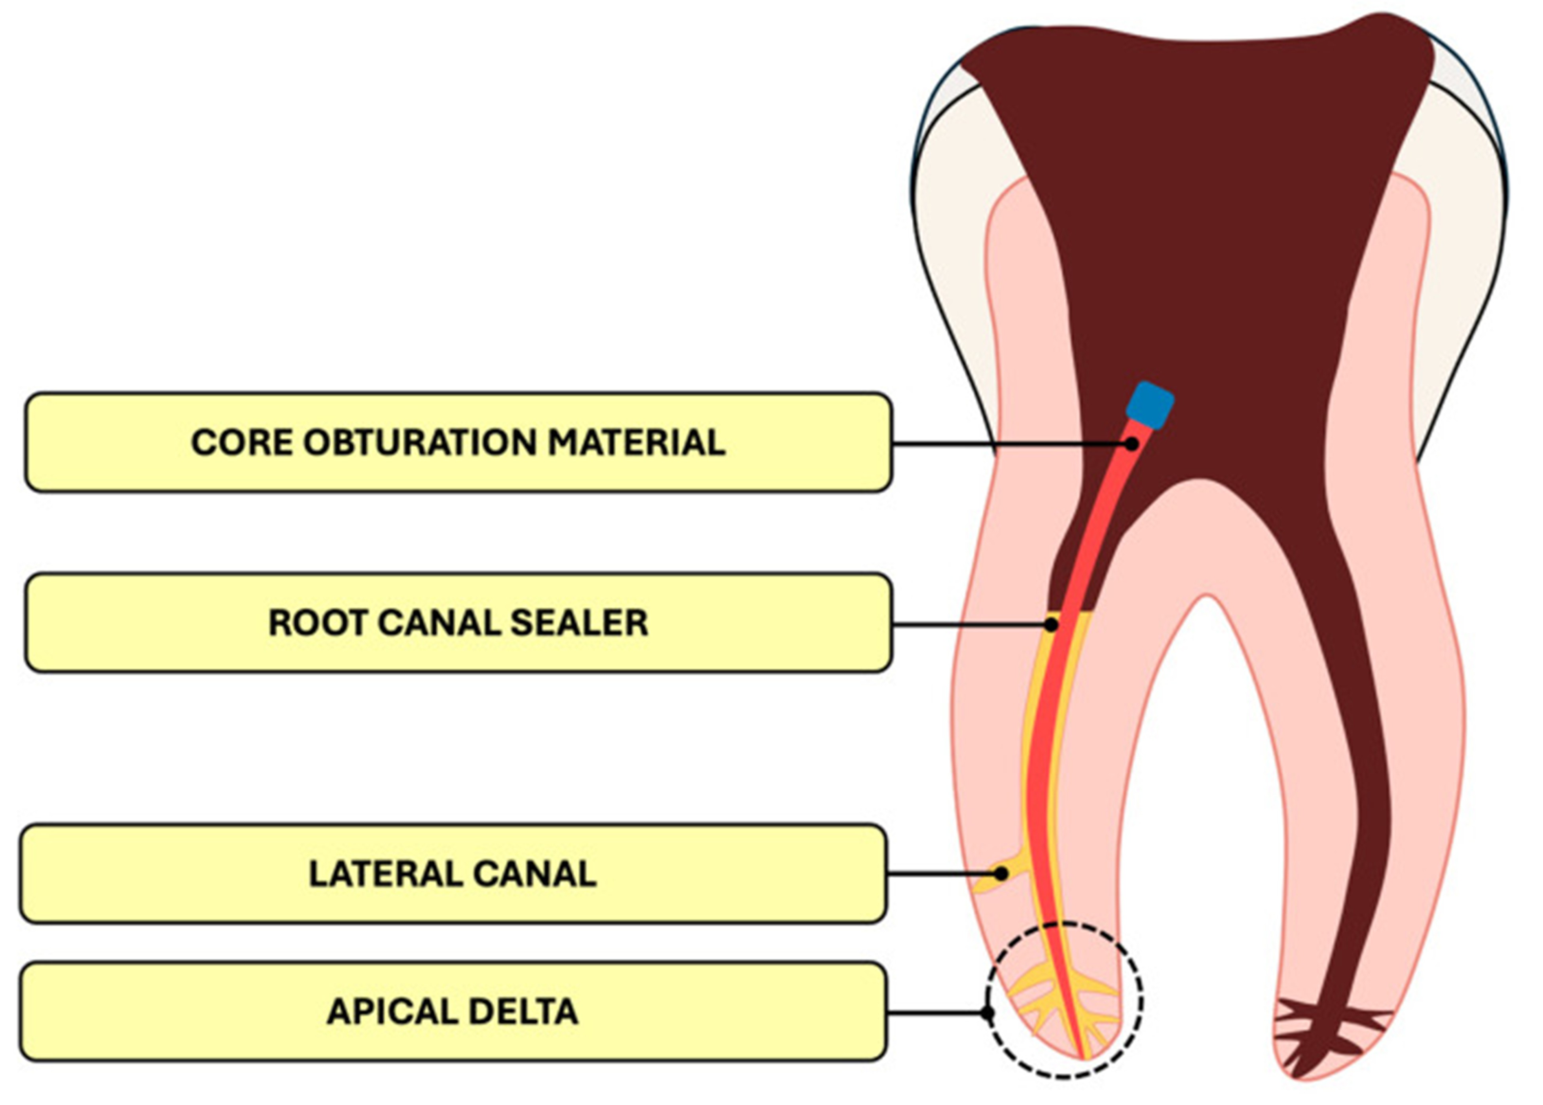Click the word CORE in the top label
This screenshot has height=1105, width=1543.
coord(241,443)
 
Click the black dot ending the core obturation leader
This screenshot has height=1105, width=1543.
coord(1131,444)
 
